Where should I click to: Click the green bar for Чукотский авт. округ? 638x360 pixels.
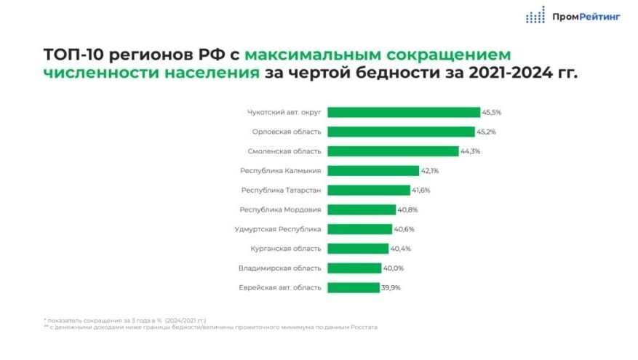(404, 112)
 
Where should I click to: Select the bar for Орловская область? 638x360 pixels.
(401, 132)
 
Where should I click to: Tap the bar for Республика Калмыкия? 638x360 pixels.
(373, 171)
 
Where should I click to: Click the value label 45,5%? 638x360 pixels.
(492, 112)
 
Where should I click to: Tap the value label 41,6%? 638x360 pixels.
(421, 190)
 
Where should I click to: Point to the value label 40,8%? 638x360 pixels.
(407, 209)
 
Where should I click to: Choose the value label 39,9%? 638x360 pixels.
(391, 287)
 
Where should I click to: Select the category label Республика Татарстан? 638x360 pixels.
(282, 190)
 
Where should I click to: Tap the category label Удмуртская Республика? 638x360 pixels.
(278, 229)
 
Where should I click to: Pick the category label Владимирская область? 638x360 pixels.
(279, 268)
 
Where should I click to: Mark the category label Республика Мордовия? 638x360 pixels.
(280, 209)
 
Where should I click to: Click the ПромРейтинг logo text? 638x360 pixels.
(587, 15)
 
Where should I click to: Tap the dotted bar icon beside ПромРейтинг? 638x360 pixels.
(535, 15)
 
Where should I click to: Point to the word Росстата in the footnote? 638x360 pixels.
(363, 327)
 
